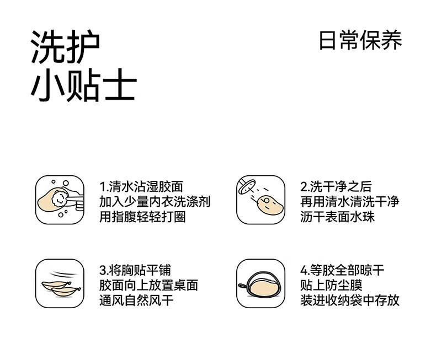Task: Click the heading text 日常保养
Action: tap(360, 41)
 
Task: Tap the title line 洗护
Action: tap(65, 47)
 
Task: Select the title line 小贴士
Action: tap(83, 84)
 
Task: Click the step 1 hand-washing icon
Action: tap(60, 200)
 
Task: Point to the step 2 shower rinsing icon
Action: tap(261, 200)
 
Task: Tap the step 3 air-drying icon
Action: tap(60, 283)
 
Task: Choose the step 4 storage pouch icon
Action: tap(261, 283)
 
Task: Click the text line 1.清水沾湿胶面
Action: tap(141, 187)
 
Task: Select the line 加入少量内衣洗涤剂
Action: tap(155, 202)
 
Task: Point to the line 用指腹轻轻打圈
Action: tap(142, 217)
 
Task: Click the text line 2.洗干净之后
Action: tap(336, 187)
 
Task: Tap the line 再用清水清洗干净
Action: tap(350, 202)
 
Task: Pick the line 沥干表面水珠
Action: tap(338, 217)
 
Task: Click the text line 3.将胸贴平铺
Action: tap(135, 270)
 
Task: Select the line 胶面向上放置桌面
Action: tap(149, 285)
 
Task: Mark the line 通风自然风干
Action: tap(136, 300)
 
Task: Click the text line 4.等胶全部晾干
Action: tap(342, 270)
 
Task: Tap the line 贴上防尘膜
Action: tap(331, 285)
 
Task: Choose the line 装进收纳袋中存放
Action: tap(350, 300)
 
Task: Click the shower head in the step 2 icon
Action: tap(246, 187)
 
